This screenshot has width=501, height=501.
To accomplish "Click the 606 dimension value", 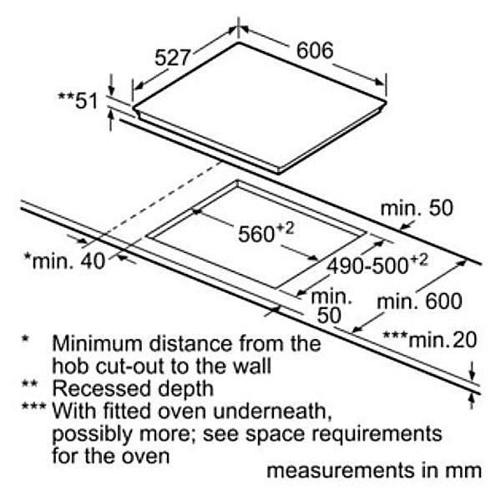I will pos(315,50).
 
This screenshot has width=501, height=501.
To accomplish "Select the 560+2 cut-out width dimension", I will pos(261,234).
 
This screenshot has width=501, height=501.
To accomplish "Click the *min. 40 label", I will pos(64,261).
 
